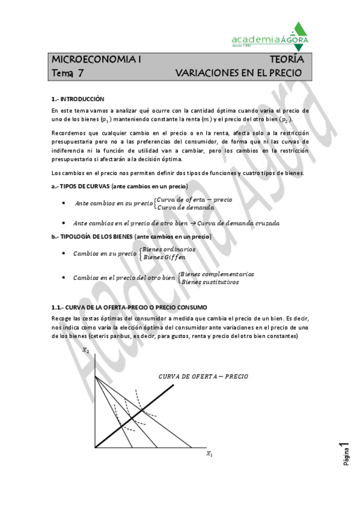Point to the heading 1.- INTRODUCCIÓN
(x=78, y=99)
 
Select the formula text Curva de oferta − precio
(x=194, y=199)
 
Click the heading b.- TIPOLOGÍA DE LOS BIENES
(x=131, y=236)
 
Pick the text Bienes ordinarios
(x=168, y=249)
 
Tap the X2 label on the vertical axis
(x=86, y=351)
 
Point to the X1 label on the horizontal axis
(x=209, y=454)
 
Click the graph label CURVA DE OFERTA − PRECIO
(x=203, y=376)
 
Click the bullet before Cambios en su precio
(x=64, y=253)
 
